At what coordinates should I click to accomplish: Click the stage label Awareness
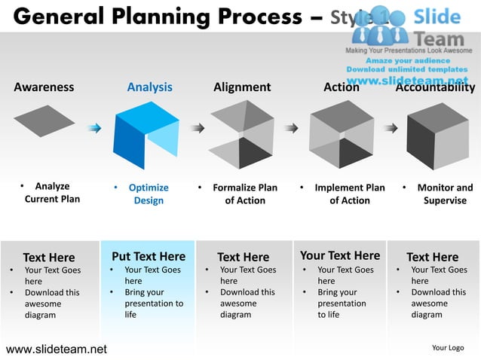click(x=44, y=87)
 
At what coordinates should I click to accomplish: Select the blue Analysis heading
click(x=149, y=87)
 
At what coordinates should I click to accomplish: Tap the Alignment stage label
click(x=242, y=87)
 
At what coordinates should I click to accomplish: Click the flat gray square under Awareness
click(x=44, y=121)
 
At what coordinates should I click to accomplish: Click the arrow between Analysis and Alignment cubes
click(x=197, y=128)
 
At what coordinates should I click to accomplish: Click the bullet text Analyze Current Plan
click(x=52, y=194)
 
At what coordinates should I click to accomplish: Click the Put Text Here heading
click(x=148, y=256)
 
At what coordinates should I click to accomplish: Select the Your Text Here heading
click(x=340, y=255)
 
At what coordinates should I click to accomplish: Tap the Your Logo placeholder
click(x=448, y=348)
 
